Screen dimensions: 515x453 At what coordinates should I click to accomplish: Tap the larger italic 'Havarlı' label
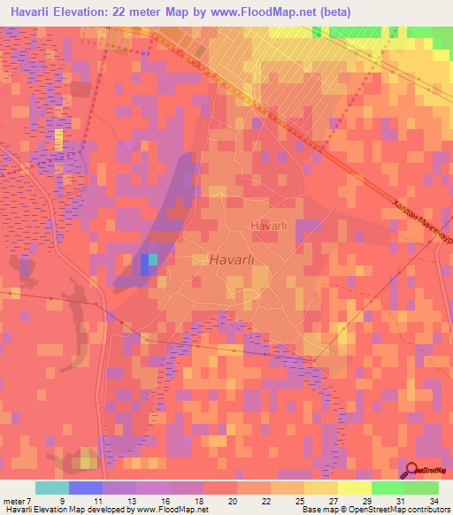click(x=233, y=260)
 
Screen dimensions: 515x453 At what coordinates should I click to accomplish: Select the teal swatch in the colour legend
click(x=52, y=488)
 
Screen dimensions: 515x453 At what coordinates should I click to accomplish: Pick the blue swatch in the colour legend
click(x=86, y=488)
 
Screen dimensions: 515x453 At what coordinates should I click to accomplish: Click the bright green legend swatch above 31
click(x=388, y=488)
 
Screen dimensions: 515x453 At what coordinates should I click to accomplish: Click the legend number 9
click(x=62, y=500)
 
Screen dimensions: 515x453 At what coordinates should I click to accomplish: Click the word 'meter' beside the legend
click(x=16, y=500)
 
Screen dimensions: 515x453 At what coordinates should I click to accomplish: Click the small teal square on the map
click(x=153, y=259)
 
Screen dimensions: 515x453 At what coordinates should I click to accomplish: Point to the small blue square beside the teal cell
click(x=144, y=265)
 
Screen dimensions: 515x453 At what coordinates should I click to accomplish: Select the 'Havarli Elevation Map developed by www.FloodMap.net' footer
click(x=105, y=510)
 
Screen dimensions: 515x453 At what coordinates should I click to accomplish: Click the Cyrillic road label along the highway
click(x=421, y=221)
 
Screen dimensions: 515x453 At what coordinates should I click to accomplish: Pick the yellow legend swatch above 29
click(x=355, y=488)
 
